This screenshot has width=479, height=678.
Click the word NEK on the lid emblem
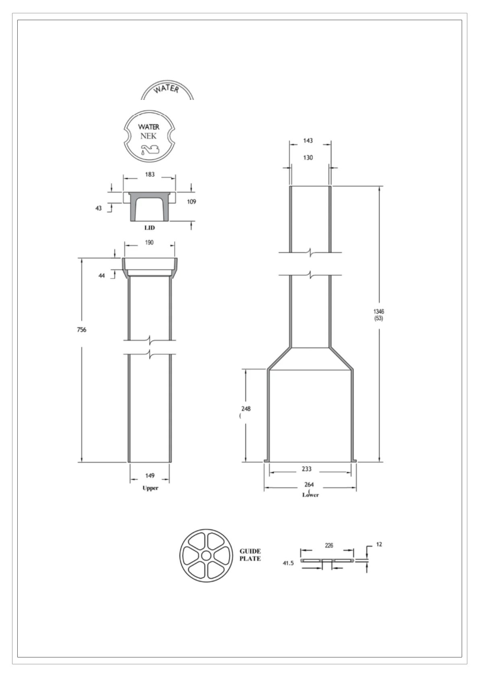tap(149, 136)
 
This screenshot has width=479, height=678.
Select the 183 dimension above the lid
tap(150, 174)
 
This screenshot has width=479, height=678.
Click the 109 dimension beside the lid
tap(192, 201)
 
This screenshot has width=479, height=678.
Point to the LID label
tap(149, 228)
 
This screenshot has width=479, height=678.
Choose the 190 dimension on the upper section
tap(149, 243)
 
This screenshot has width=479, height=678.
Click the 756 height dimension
tap(82, 330)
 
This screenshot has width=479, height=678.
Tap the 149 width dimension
tap(150, 475)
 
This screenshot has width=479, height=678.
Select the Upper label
tap(150, 488)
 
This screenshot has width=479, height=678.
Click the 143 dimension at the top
tap(308, 141)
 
